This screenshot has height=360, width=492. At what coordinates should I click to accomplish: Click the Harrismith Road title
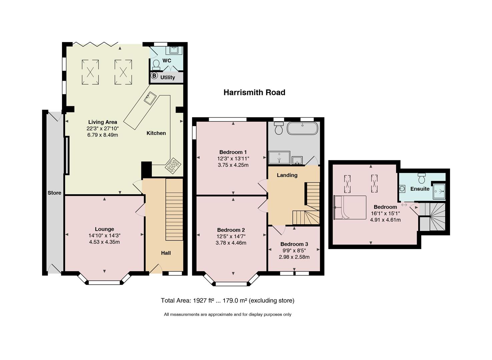(x=255, y=92)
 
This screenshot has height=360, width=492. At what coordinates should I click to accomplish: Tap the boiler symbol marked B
(x=154, y=76)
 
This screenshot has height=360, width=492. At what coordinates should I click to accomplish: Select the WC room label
(x=167, y=61)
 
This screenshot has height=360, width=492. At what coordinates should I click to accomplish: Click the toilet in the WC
(x=156, y=65)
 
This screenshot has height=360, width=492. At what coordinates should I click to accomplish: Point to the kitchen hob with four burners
(x=173, y=166)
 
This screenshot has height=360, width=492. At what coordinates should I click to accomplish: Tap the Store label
(x=54, y=193)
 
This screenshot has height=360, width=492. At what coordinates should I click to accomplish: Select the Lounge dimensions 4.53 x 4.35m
(x=104, y=242)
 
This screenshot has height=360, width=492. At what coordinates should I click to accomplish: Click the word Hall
(x=166, y=253)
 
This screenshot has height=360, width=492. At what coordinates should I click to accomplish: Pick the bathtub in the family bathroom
(x=303, y=128)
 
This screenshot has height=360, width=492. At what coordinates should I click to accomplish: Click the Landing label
(x=287, y=175)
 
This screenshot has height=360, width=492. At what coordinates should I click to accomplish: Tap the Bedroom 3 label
(x=294, y=244)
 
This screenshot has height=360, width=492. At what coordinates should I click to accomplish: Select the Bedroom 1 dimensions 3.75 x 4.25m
(x=233, y=165)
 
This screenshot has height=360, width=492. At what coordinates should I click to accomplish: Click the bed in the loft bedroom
(x=350, y=207)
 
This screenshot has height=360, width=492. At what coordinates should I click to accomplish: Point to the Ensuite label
(x=420, y=189)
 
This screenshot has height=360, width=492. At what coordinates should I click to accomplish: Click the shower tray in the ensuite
(x=439, y=191)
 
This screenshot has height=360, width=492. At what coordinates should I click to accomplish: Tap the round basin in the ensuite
(x=402, y=189)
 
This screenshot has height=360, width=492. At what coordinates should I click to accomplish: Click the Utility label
(x=167, y=77)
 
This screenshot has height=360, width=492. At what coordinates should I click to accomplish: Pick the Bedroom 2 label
(x=231, y=230)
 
